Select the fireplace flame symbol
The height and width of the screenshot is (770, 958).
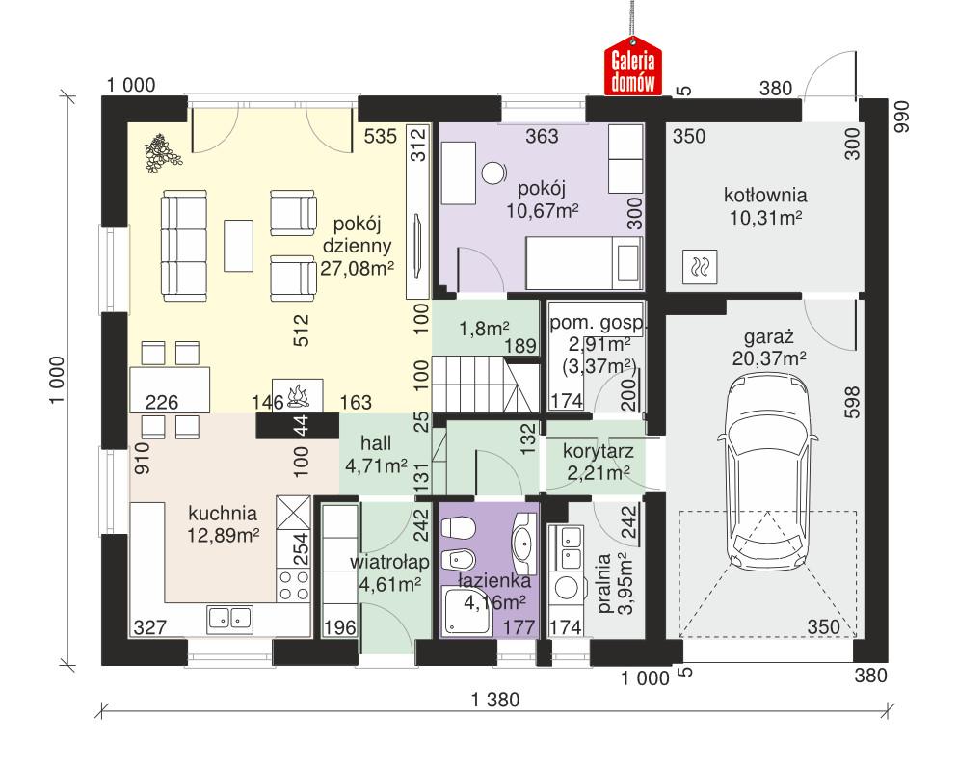point(296,395)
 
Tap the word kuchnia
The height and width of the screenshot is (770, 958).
point(223,513)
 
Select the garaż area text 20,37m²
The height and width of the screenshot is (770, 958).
point(768,358)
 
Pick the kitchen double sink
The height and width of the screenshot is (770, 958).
point(228,617)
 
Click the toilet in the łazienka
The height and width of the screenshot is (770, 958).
point(456,527)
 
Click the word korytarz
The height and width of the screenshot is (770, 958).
point(589,449)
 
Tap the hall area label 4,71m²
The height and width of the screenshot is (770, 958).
point(375,468)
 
